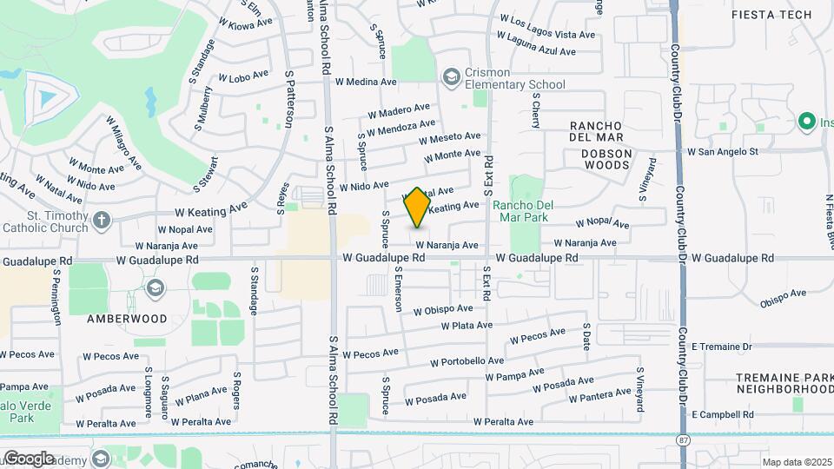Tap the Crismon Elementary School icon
tap(451, 78)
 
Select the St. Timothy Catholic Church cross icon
tap(102, 219)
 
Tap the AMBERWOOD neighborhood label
tap(127, 319)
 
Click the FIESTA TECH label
tap(771, 15)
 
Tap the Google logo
tap(28, 458)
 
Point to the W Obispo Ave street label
tap(443, 309)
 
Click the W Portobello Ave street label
tap(467, 361)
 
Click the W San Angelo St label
tap(723, 151)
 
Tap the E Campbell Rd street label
tap(723, 415)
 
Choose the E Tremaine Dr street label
tap(722, 346)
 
